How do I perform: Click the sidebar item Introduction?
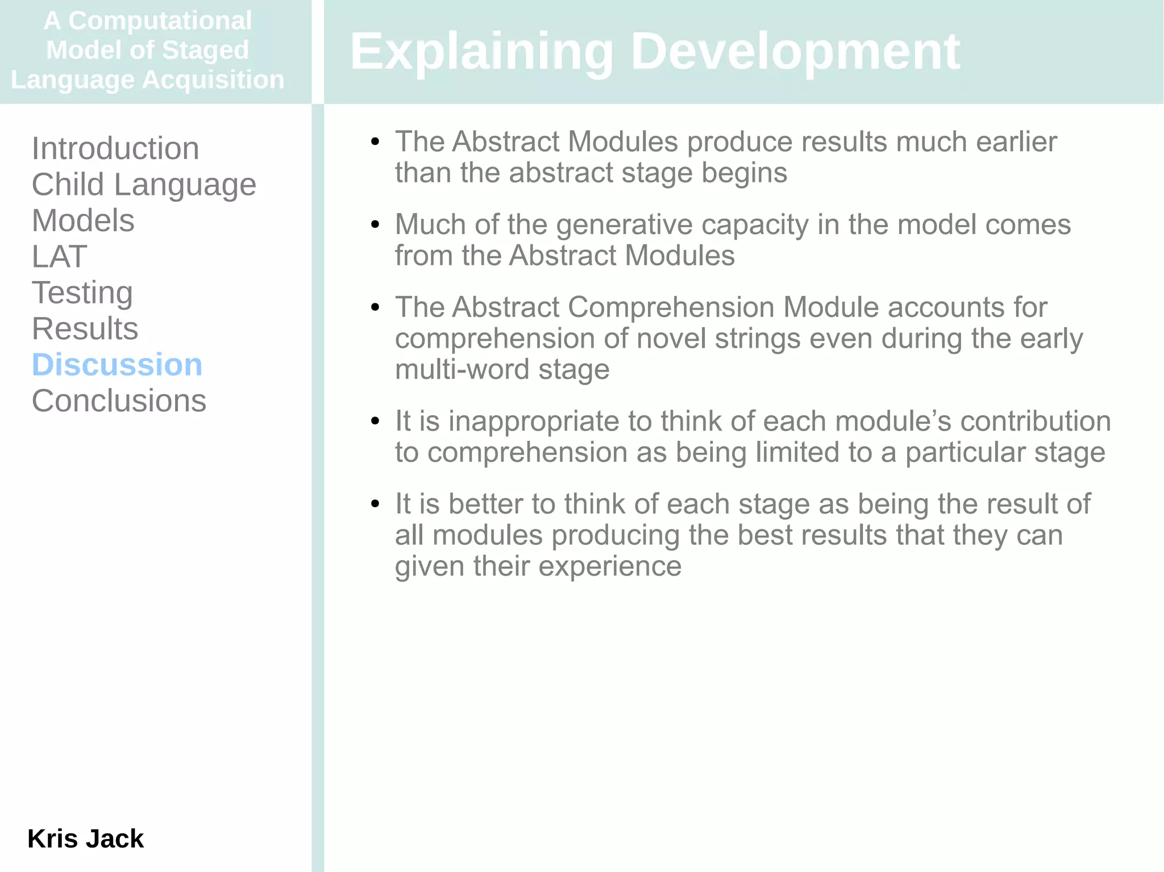coord(115,149)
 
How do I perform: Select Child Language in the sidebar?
coord(144,185)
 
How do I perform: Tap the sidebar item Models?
coord(83,220)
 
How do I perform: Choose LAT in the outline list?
coord(59,257)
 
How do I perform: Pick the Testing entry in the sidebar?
coord(82,293)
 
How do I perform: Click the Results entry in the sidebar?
coord(85,329)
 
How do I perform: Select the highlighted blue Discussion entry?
coord(117,365)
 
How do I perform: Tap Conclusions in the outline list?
coord(119,401)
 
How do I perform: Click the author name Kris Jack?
coord(85,838)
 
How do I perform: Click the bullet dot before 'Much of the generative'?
coord(375,225)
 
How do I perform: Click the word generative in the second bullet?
coord(625,224)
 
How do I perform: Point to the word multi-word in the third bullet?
coord(462,370)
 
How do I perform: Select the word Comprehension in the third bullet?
coord(671,307)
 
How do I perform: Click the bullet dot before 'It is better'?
coord(375,504)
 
